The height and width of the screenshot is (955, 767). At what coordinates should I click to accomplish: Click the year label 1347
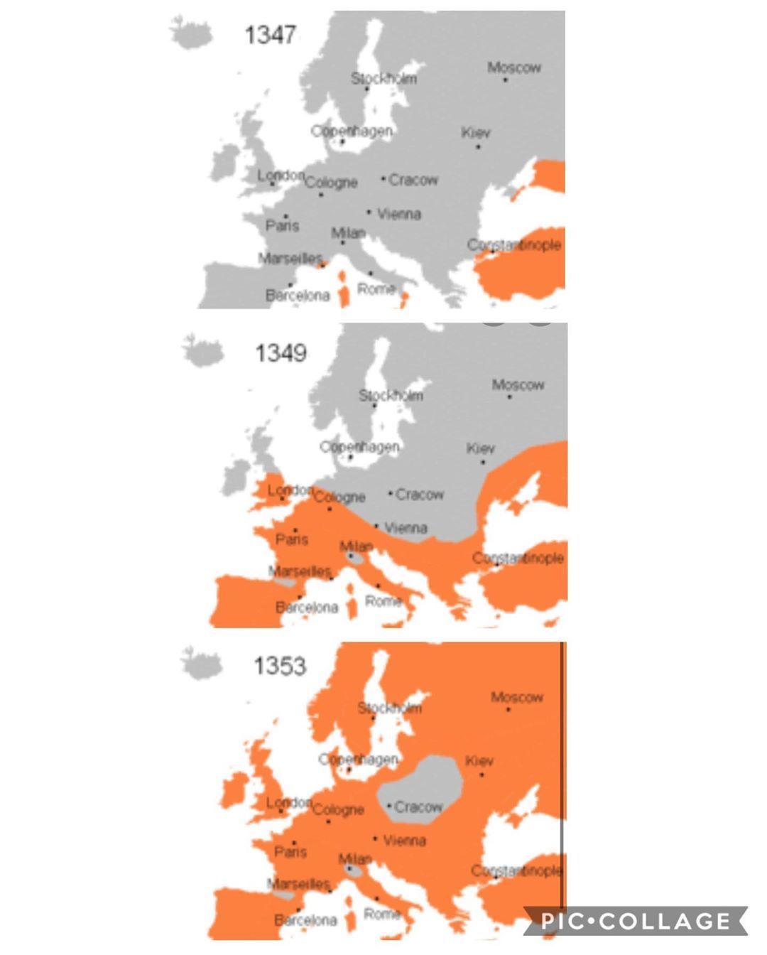[270, 34]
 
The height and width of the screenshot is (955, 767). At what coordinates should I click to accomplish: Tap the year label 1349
[281, 352]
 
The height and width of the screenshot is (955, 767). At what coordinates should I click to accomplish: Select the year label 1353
[280, 666]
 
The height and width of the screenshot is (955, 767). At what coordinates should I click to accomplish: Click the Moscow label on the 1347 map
[514, 68]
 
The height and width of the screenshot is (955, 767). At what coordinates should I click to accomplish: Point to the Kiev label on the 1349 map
[481, 448]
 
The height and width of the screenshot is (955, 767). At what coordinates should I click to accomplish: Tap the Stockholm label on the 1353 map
[389, 708]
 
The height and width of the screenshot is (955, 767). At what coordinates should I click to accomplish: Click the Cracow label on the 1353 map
[418, 807]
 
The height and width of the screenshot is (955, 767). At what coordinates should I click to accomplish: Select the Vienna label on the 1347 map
[399, 214]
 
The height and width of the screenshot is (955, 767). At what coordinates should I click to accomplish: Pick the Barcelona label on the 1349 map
[307, 608]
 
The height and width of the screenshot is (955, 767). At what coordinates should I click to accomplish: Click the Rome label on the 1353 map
[382, 914]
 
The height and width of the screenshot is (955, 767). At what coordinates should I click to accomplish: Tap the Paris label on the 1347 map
[283, 226]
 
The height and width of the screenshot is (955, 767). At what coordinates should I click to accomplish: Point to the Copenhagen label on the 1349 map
[359, 447]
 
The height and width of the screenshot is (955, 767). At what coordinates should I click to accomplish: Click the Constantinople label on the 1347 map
[514, 245]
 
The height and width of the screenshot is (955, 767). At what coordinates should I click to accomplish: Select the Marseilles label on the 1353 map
[299, 885]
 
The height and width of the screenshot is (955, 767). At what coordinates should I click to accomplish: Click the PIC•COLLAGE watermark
[636, 922]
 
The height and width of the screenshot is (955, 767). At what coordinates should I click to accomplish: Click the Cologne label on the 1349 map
[339, 497]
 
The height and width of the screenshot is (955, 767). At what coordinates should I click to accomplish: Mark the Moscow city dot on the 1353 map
[508, 709]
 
